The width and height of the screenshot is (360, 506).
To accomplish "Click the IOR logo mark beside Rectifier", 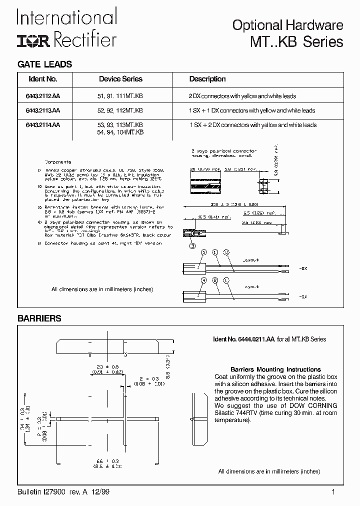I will (x=34, y=41).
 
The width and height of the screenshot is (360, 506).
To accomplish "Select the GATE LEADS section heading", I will (x=45, y=64).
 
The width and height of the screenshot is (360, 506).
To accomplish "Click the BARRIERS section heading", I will (x=39, y=318).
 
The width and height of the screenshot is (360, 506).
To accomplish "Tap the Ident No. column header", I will (x=43, y=79).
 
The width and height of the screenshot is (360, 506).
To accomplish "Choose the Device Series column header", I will (x=120, y=79).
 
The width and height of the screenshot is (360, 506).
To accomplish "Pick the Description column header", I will (x=207, y=79).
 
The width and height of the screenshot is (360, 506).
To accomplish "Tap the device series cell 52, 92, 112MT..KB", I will (x=120, y=110).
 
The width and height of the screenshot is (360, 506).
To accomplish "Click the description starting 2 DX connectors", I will (x=242, y=95).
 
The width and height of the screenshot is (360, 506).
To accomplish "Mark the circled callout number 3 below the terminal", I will (x=192, y=245).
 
